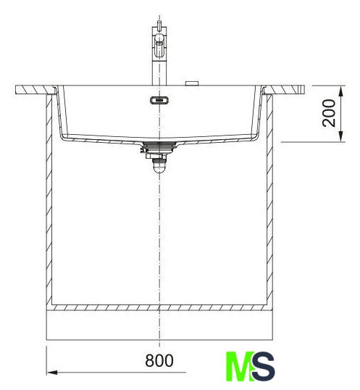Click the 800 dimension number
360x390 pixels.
point(159,361)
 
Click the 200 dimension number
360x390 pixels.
point(329,113)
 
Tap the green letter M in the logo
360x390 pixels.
point(240,366)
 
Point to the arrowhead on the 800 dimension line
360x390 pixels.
point(52,373)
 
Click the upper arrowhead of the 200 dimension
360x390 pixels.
point(341,91)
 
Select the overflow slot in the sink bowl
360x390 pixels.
point(159,100)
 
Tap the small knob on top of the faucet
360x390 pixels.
point(159,24)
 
